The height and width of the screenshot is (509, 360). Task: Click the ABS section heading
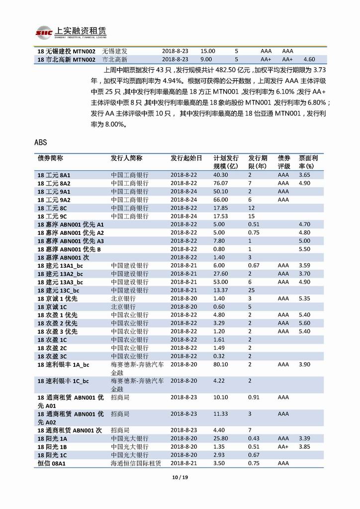coord(41,142)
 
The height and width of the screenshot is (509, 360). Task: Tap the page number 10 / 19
coord(180,478)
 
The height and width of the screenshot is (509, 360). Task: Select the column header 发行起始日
coord(186,158)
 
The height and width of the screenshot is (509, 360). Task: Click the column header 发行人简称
coord(126,158)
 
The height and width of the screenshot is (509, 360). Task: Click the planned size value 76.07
coord(221,183)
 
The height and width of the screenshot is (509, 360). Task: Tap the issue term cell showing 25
coord(252,290)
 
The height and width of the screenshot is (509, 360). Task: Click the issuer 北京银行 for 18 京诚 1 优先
coord(123,299)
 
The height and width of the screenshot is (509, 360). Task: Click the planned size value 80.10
coord(221,364)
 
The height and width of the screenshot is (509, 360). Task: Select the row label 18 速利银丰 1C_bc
coord(63,381)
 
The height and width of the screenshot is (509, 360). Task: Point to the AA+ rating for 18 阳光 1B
coord(283,447)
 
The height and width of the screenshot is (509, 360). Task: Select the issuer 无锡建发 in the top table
coord(115,51)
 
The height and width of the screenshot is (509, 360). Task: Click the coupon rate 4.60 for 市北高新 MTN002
coord(309,59)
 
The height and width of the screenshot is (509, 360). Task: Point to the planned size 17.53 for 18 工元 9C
coord(221,216)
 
